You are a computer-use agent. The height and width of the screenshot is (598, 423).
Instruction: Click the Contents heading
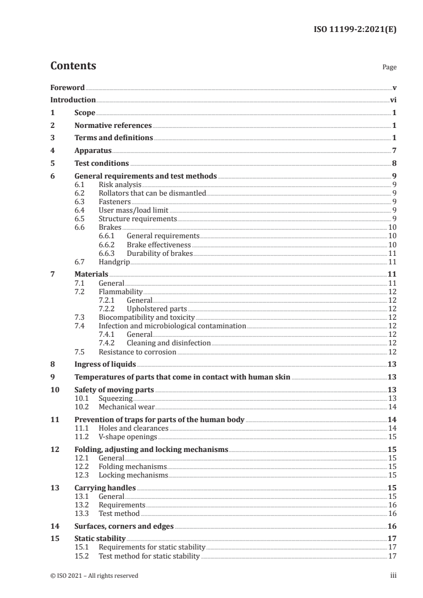tap(73, 66)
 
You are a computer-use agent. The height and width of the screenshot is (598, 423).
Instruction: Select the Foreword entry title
tap(67, 87)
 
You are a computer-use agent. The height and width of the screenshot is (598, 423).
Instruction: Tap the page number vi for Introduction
tap(393, 100)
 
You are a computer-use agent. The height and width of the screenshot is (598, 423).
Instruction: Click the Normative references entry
tap(113, 126)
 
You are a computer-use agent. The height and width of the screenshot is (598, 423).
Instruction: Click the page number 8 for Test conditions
tap(394, 164)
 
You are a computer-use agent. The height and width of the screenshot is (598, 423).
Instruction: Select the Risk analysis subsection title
tap(120, 184)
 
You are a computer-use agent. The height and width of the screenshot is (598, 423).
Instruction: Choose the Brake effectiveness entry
tap(158, 245)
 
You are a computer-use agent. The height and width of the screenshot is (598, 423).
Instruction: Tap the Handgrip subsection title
tap(114, 262)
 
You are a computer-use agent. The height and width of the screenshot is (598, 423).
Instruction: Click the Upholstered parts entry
tap(157, 309)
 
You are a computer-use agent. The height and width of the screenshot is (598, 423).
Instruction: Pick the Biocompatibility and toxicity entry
tap(146, 317)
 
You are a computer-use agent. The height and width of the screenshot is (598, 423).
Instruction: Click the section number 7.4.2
tap(108, 343)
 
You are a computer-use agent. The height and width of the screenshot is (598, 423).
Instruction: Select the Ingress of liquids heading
tap(105, 365)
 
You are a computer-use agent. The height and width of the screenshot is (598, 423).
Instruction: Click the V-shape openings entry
tap(127, 437)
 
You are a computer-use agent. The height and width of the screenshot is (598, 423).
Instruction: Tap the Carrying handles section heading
tap(105, 488)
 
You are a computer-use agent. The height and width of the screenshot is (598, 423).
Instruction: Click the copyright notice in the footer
tap(94, 576)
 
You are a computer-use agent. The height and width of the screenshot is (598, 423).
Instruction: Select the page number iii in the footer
tap(393, 576)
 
